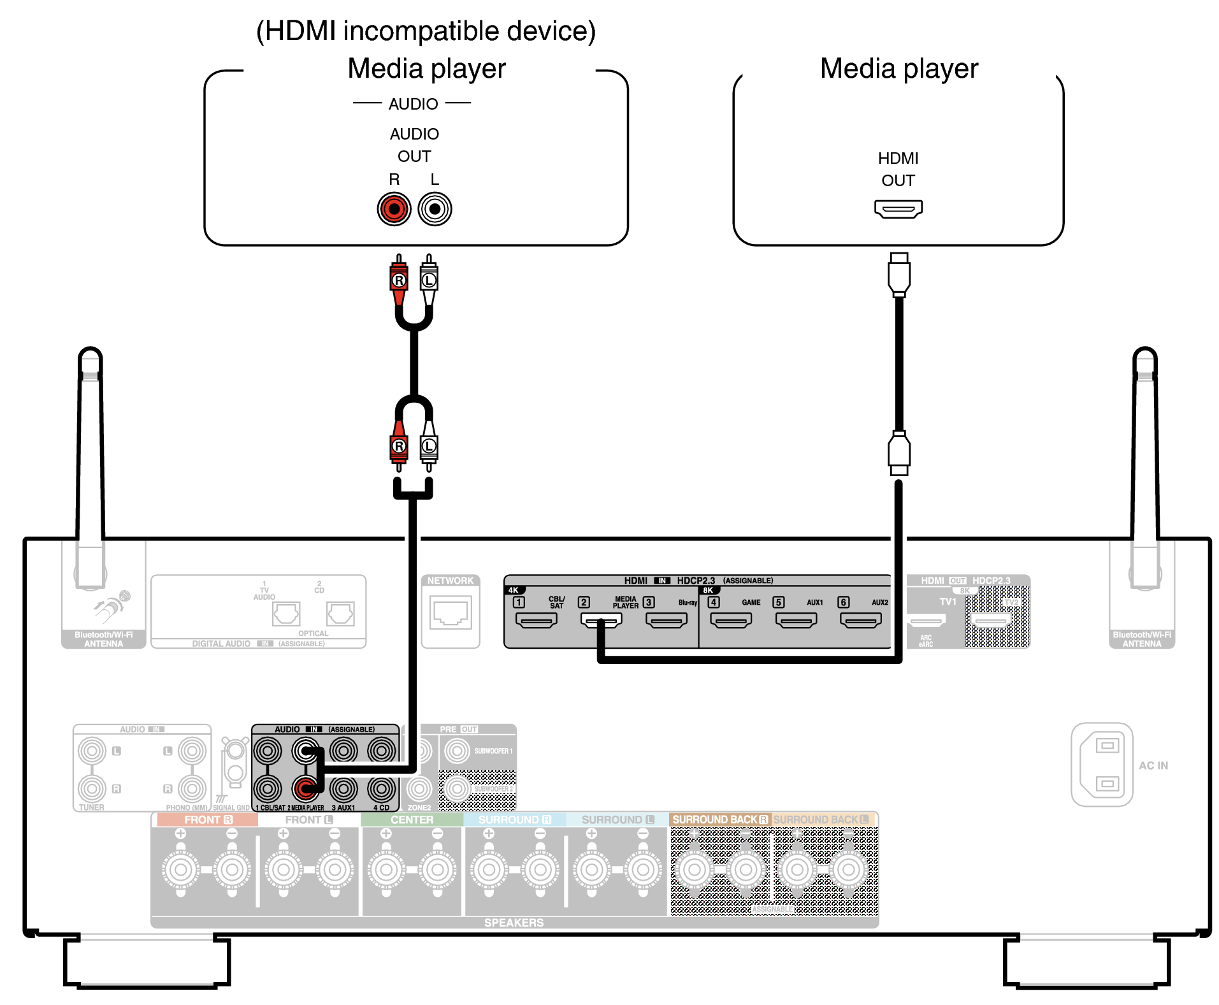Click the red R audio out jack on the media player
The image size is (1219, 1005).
pos(394,209)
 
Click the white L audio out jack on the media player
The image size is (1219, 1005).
pos(435,209)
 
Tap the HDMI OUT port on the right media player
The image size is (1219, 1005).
pos(898,208)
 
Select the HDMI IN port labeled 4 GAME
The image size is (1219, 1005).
pos(730,620)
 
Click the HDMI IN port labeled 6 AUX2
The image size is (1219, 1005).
pos(860,620)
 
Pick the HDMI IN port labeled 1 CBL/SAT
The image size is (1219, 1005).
pos(536,620)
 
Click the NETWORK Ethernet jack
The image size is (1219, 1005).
pos(451,613)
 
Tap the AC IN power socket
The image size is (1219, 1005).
pos(1102,764)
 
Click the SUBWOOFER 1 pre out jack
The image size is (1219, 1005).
pos(457,751)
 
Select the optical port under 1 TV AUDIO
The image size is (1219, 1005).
pos(286,614)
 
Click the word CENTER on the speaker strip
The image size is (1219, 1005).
pos(412,820)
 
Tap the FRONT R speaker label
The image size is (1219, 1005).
pos(208,820)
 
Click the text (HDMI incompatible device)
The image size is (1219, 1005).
pos(426,31)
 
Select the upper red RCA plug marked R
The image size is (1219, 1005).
pos(398,280)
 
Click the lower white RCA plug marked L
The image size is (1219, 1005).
pos(429,446)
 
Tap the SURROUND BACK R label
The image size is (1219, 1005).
pos(719,820)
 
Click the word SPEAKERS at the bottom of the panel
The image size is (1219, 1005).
pos(514,922)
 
